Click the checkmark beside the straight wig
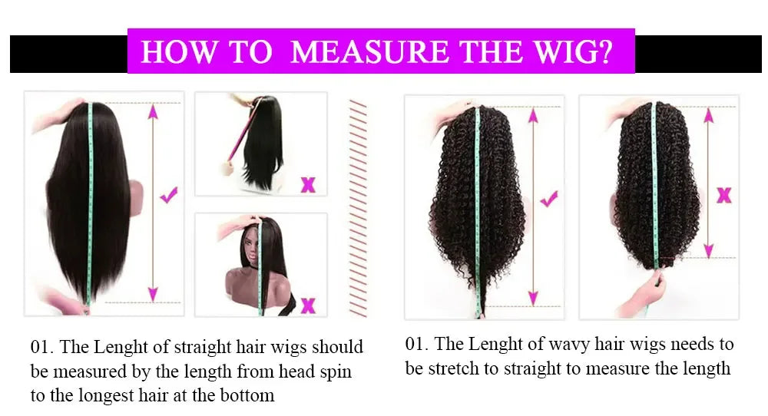click(x=170, y=196)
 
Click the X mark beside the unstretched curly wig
click(x=723, y=195)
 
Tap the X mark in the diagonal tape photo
click(x=308, y=184)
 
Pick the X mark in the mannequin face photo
click(x=308, y=305)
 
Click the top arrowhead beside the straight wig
click(x=153, y=111)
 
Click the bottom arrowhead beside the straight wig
click(x=153, y=293)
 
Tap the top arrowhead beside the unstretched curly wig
click(x=708, y=114)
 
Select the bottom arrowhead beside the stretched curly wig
click(x=532, y=298)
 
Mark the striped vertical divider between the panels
click(x=358, y=207)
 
